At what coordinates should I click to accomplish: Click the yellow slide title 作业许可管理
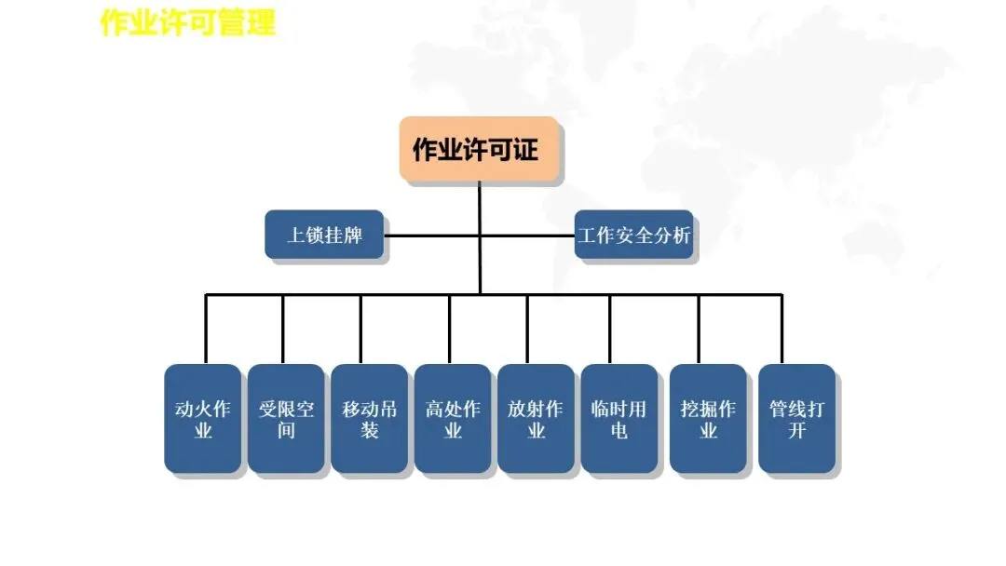coord(188,22)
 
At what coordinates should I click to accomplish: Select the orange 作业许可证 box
coord(480,149)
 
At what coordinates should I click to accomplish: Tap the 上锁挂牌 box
coord(324,235)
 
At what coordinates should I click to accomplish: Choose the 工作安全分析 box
coord(634,235)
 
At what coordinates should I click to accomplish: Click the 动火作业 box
coord(202,419)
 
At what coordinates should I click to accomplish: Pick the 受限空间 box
coord(286,419)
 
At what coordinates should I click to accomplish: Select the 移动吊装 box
coord(370,419)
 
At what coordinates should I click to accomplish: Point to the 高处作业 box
coord(453,419)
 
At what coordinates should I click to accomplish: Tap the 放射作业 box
coord(536,419)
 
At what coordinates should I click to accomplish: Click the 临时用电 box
coord(619,419)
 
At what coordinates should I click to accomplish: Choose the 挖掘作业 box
coord(708,419)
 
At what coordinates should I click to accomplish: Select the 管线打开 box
coord(796,419)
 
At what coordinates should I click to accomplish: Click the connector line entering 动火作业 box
coord(206,330)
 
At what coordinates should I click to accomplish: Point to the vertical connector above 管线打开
coord(782,330)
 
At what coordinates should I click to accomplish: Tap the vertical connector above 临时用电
coord(610,330)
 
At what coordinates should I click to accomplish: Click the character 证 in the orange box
coord(525,149)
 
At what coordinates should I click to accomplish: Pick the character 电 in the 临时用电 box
coord(619,431)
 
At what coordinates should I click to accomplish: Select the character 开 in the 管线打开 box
coord(796,431)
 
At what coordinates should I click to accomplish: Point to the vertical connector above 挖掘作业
coord(699,330)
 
